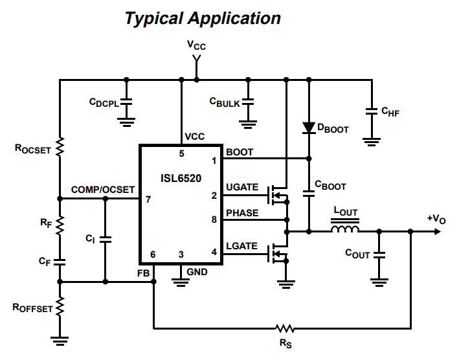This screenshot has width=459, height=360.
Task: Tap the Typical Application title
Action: (203, 18)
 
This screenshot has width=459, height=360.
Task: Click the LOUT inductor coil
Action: (345, 230)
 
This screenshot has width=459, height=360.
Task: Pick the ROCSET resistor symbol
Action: (60, 148)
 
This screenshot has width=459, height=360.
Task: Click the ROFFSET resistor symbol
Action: (60, 306)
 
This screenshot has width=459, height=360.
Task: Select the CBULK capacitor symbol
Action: (248, 102)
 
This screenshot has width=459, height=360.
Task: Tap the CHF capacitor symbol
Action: (372, 111)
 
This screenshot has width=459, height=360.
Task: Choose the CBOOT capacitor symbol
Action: (309, 192)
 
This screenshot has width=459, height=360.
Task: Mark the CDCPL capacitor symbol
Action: (127, 102)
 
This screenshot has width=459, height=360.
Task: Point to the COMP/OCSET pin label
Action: (103, 190)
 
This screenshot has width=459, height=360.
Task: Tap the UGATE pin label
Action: (242, 187)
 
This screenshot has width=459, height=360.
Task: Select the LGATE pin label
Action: (242, 246)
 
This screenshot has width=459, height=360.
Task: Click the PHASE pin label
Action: (242, 212)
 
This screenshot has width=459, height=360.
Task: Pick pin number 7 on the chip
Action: (148, 199)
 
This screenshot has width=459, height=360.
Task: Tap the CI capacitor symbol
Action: (106, 240)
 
